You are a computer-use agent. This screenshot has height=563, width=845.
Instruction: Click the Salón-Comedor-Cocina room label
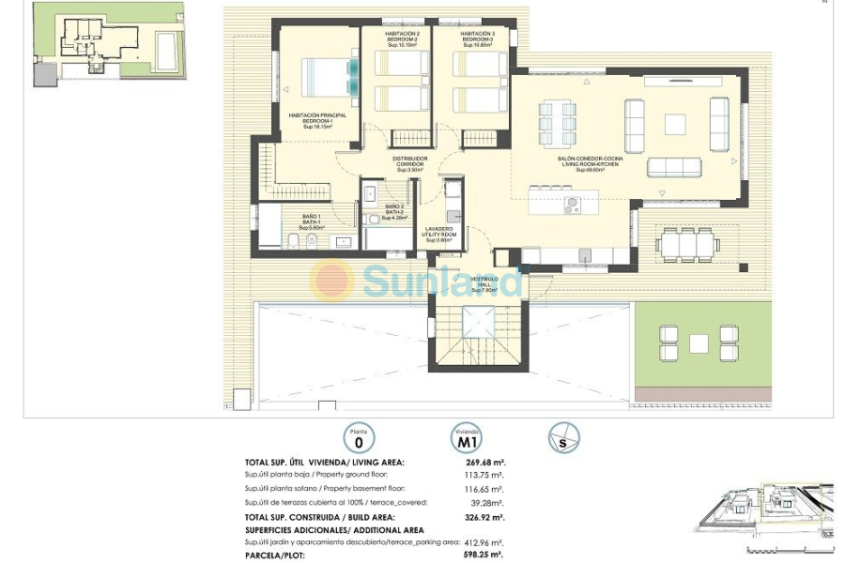point(590,163)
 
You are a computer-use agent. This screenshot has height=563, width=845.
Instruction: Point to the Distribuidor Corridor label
point(409,163)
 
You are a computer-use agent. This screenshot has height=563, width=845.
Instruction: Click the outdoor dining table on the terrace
point(688,245)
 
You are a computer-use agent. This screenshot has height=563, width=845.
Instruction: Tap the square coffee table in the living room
point(675,124)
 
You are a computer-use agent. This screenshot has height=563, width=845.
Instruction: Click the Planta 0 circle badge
point(359,437)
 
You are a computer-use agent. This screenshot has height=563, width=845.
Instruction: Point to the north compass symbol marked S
point(564,437)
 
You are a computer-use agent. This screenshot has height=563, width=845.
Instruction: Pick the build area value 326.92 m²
point(485,516)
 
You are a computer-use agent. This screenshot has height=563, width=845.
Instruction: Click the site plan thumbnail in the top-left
point(108,43)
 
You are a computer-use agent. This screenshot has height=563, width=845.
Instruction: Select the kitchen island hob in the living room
point(573,203)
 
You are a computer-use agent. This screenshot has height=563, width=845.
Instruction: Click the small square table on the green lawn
point(699,342)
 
